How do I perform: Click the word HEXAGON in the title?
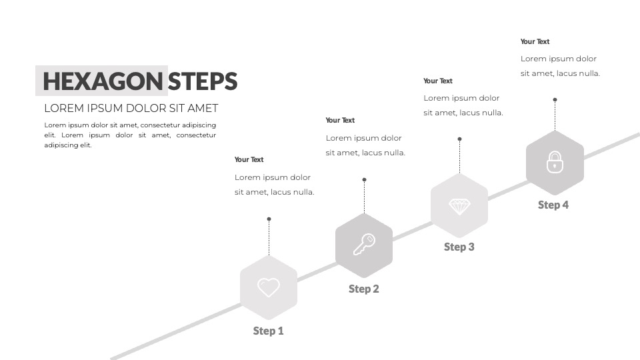point(103,81)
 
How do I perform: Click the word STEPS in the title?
point(203,81)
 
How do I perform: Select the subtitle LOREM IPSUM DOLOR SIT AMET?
point(131,108)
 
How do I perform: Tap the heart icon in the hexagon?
point(269,287)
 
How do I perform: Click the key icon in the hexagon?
point(364,245)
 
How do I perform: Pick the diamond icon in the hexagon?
point(459,207)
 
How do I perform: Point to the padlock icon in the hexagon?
point(555,162)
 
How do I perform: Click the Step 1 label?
point(268,331)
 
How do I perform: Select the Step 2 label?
point(364,289)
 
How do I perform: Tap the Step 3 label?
point(459,247)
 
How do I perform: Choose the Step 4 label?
point(553,205)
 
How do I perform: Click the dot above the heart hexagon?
point(269,219)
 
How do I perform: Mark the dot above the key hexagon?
point(365,179)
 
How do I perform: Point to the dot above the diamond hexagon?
point(459,139)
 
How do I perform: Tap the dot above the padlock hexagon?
point(555,99)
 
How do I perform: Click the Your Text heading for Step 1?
point(249,159)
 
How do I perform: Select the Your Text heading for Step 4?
point(535,41)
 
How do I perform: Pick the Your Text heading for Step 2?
point(340,121)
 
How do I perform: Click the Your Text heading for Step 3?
point(438,81)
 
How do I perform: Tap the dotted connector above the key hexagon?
point(365,197)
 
